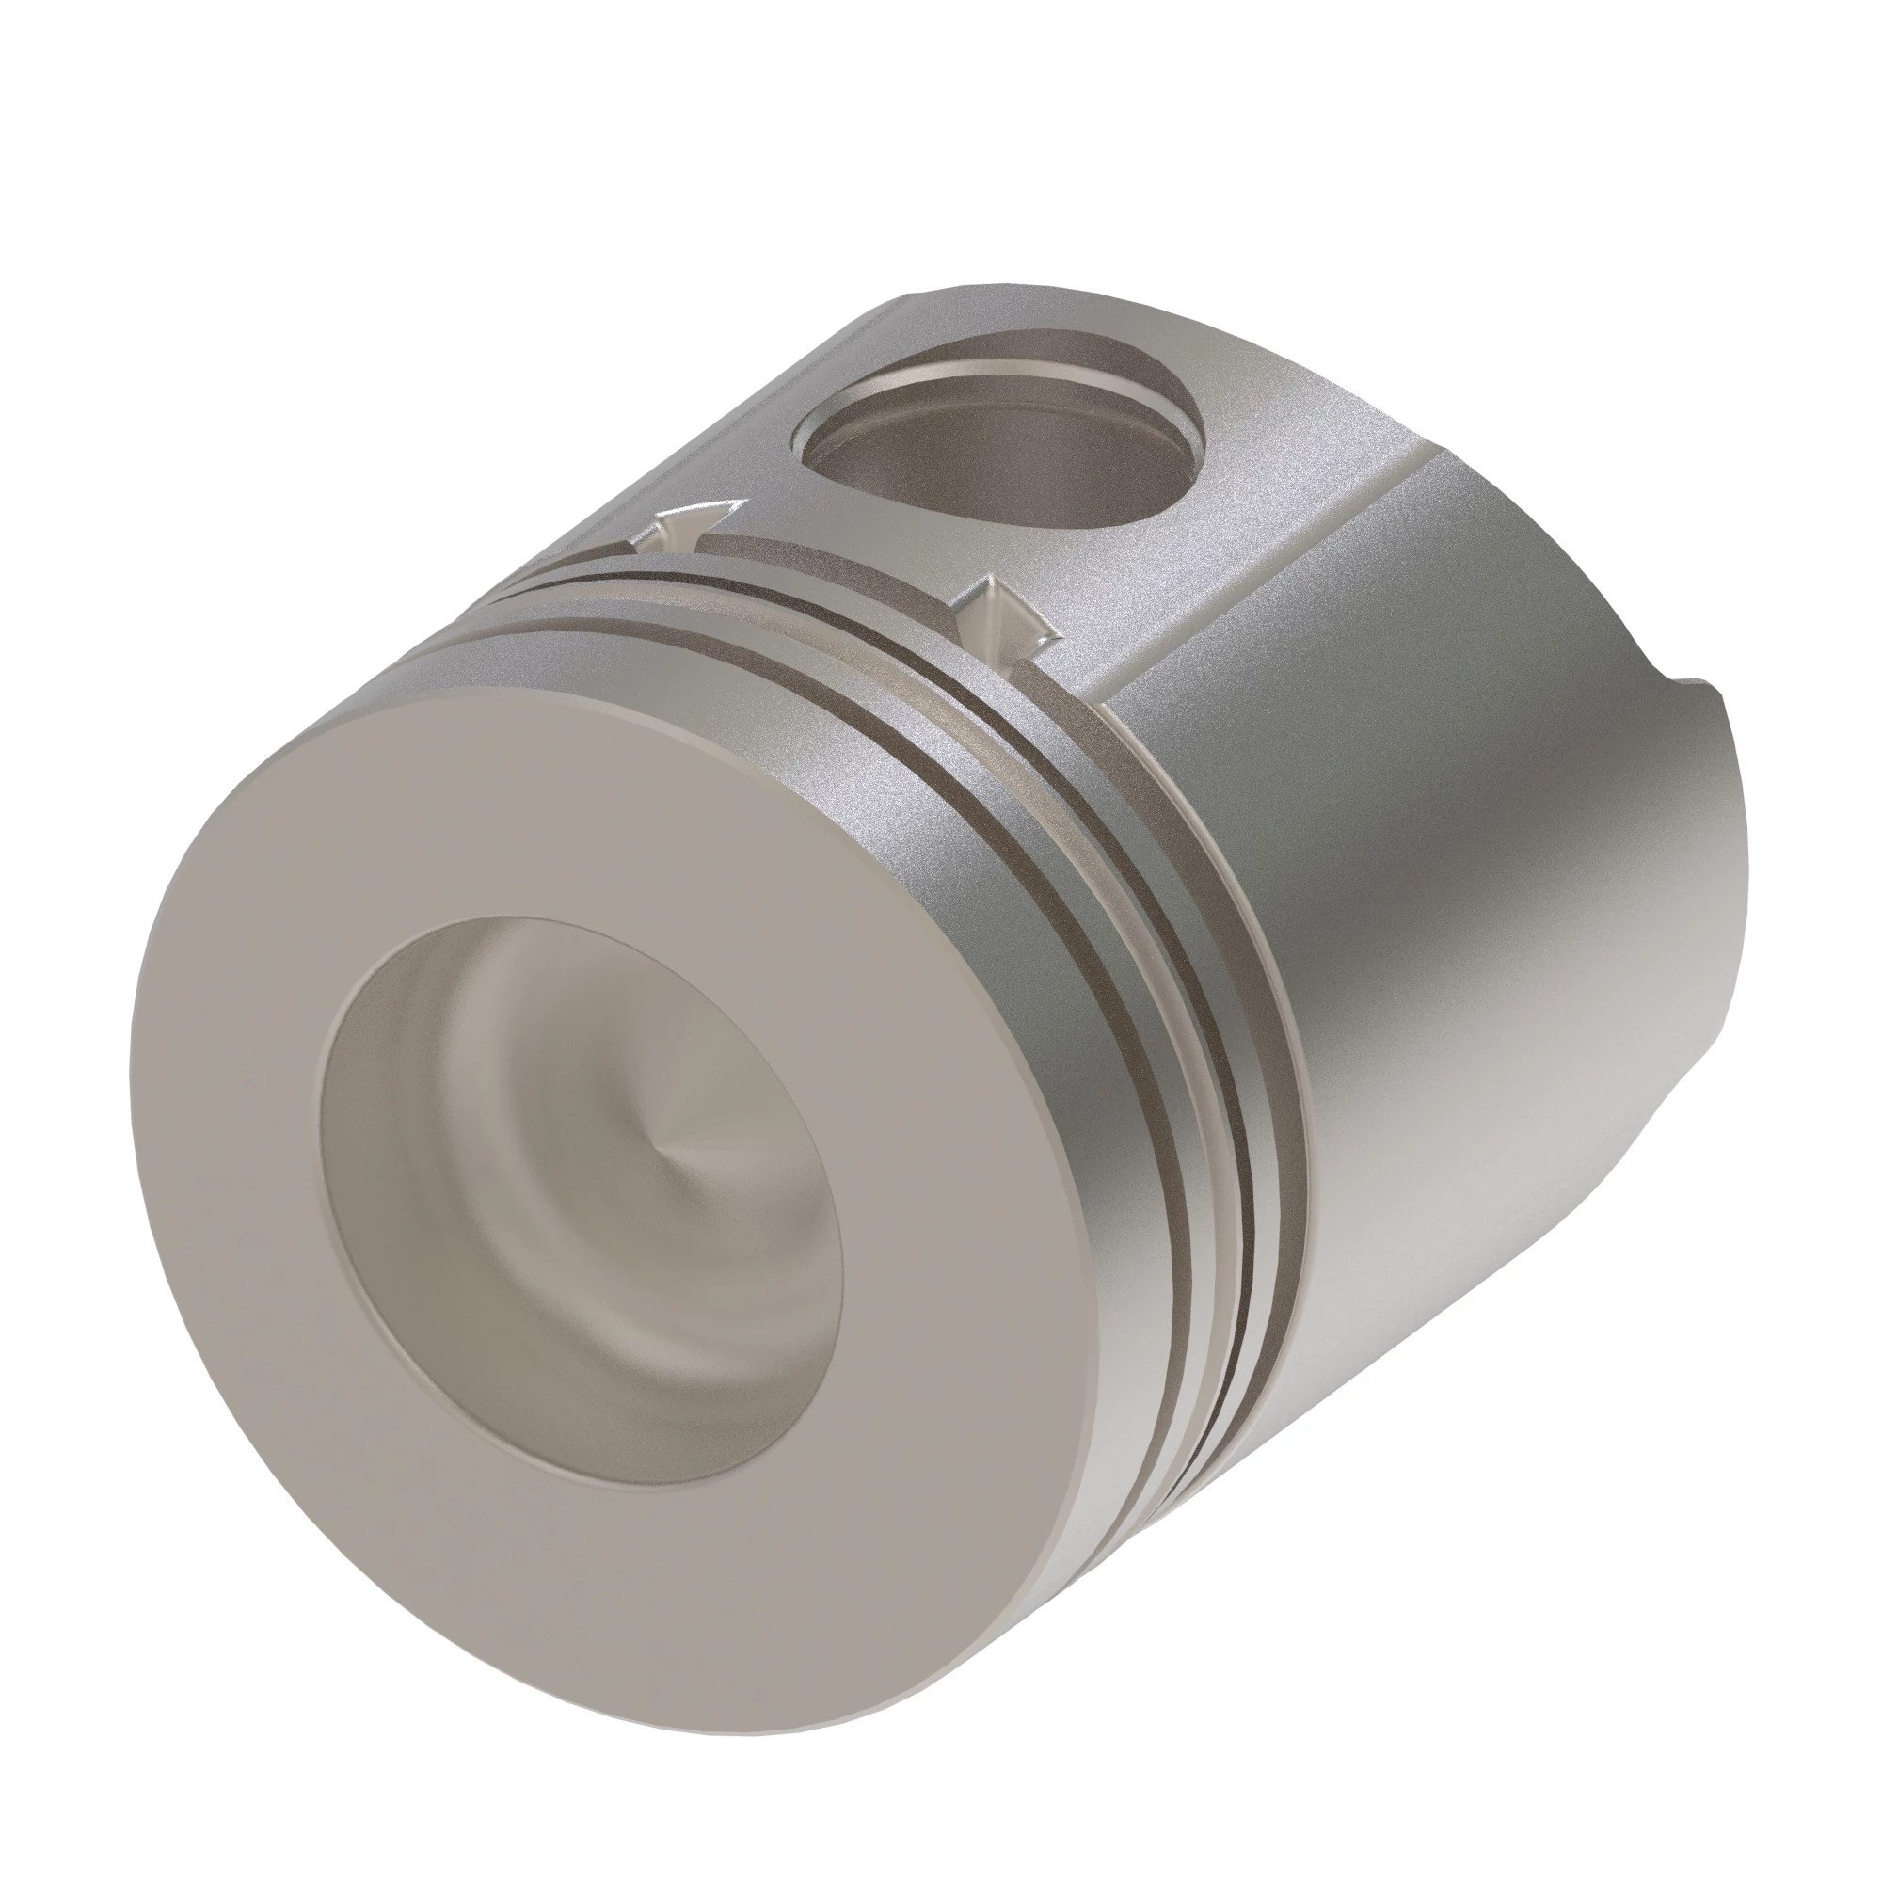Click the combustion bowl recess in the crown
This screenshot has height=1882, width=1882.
(584, 1198)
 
